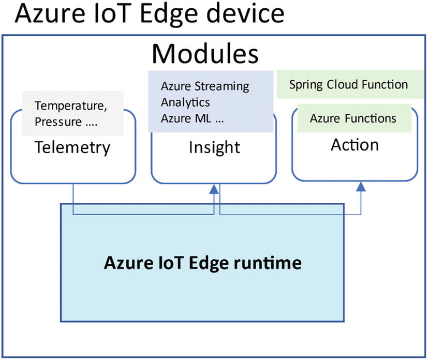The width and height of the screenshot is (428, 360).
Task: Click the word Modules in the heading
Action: [205, 54]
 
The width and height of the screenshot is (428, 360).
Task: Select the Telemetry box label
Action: [72, 148]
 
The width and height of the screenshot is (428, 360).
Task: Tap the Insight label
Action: [214, 148]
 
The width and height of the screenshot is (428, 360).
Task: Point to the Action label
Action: [355, 144]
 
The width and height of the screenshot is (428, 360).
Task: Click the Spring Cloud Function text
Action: [349, 84]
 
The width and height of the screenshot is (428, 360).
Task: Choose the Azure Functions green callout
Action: [353, 118]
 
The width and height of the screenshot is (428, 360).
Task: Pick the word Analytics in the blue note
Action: [185, 102]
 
